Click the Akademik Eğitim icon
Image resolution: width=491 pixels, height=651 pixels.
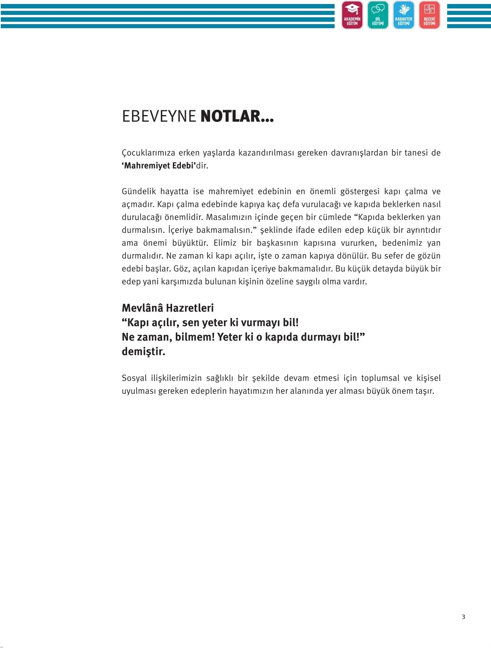pyautogui.click(x=352, y=15)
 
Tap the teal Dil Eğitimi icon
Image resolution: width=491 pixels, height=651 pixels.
pyautogui.click(x=378, y=15)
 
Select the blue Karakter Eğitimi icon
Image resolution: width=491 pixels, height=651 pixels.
pyautogui.click(x=403, y=15)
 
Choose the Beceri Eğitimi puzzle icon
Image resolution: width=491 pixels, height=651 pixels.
pyautogui.click(x=429, y=15)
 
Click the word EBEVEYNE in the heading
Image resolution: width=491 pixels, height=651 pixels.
pyautogui.click(x=159, y=117)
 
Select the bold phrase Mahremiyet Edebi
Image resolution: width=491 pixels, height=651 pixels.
pyautogui.click(x=159, y=166)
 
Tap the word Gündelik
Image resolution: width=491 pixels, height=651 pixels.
pyautogui.click(x=139, y=192)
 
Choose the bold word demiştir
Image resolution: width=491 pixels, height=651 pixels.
pyautogui.click(x=143, y=352)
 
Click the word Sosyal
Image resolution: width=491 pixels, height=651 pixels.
pyautogui.click(x=134, y=378)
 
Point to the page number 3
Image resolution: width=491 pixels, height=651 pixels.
pyautogui.click(x=463, y=617)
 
